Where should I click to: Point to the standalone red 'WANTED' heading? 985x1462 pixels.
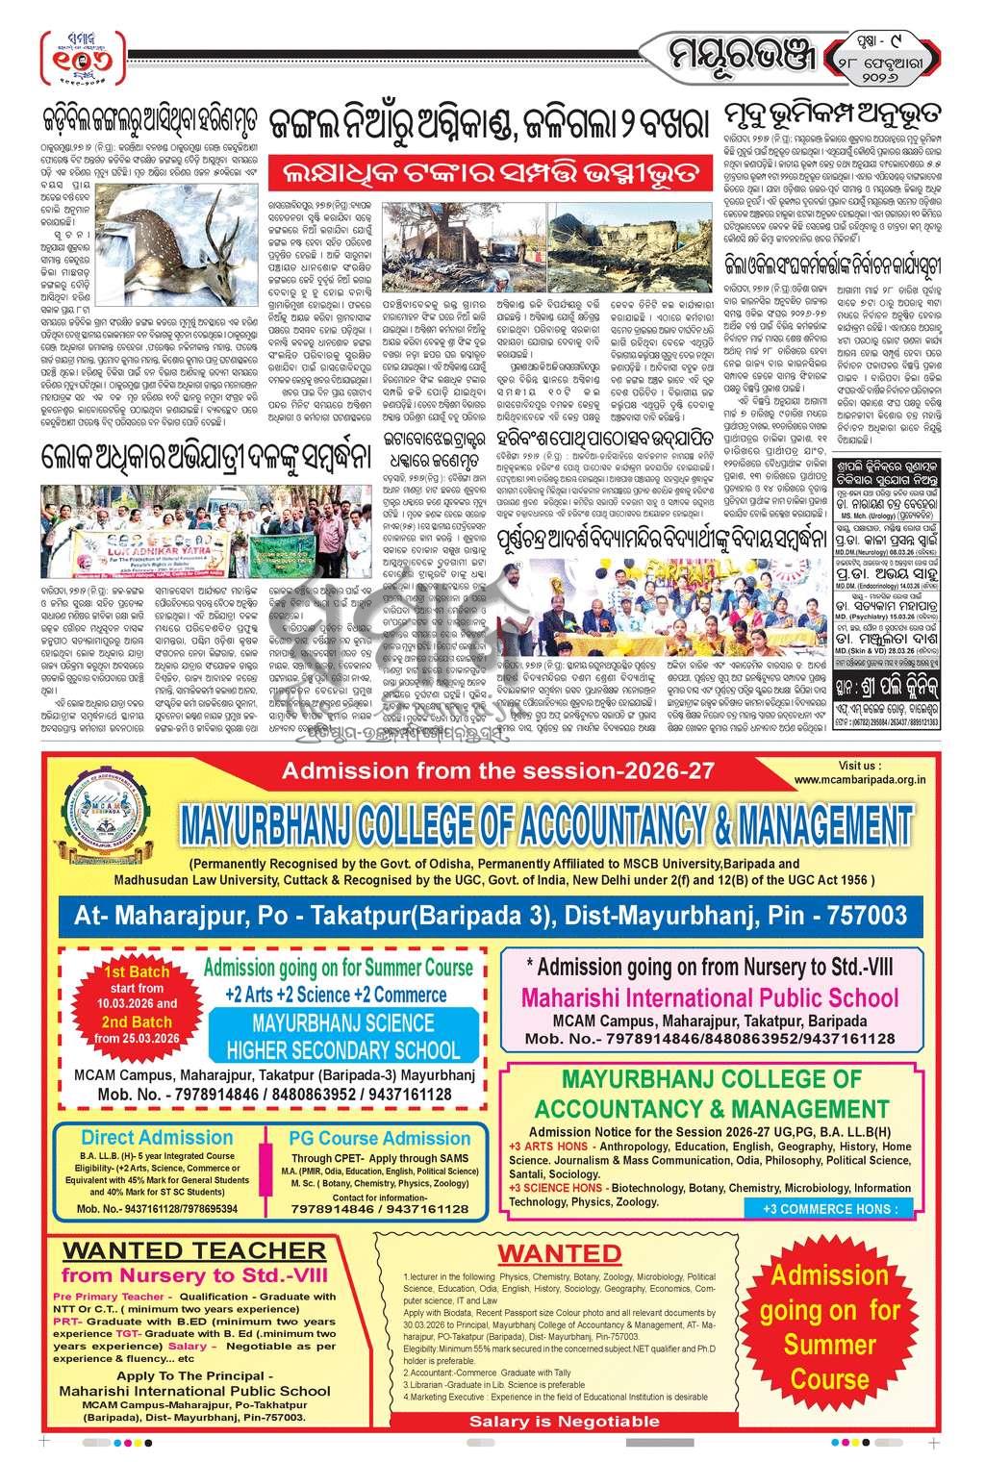[x=560, y=1253]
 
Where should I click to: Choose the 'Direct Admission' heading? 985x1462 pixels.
[x=156, y=1137]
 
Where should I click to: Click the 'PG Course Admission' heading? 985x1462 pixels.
[x=380, y=1138]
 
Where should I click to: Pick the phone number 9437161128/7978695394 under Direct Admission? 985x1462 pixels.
[x=157, y=1208]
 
